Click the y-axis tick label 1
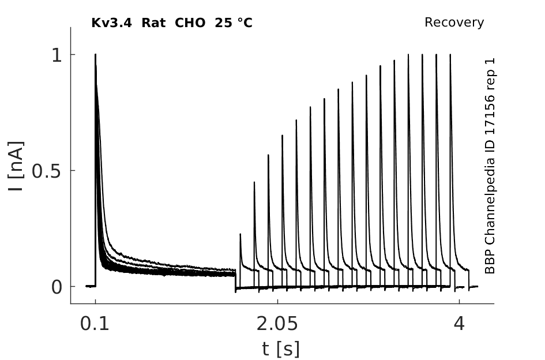(57, 55)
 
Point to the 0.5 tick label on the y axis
(47, 171)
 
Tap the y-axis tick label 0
(57, 287)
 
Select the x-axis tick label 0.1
(95, 324)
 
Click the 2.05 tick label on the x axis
(277, 324)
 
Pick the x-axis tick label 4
(459, 324)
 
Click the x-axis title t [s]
(280, 349)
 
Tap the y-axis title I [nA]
(16, 166)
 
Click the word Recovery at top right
(454, 22)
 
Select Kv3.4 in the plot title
(111, 23)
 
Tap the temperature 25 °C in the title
(234, 23)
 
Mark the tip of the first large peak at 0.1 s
(96, 54)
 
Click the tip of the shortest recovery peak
(240, 234)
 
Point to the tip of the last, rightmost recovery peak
(450, 54)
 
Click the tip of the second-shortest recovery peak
(254, 182)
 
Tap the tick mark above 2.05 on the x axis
(277, 301)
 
